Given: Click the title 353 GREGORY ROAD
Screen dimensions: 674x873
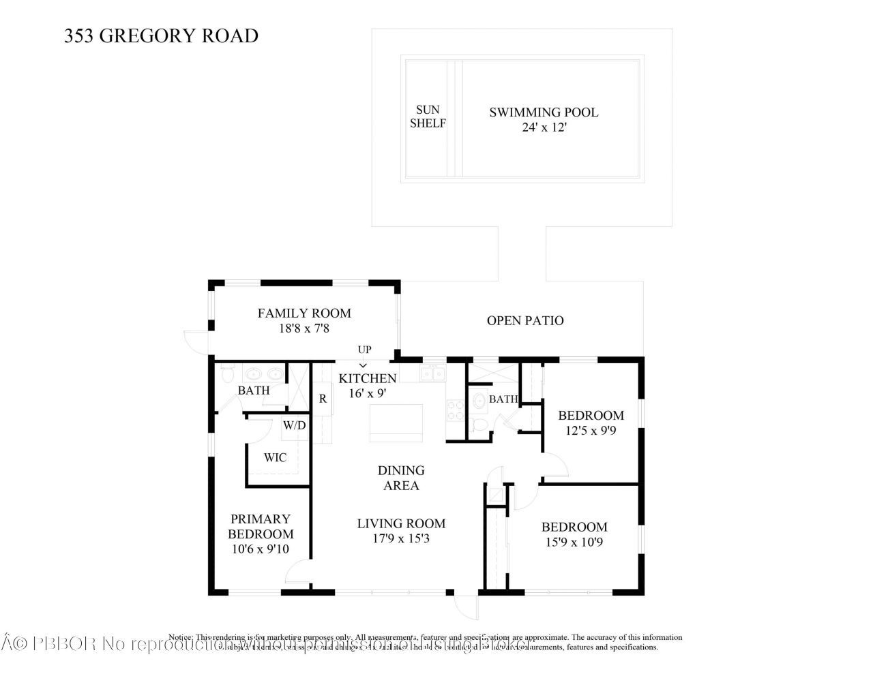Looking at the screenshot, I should [161, 35].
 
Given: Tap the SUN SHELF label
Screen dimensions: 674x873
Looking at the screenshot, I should [428, 117].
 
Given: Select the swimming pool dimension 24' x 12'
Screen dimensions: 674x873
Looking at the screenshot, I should [544, 127].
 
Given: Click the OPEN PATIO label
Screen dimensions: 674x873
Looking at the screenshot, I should [525, 320].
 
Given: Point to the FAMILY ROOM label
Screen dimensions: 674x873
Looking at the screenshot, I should [304, 313].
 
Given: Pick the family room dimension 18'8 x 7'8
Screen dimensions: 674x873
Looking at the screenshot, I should [304, 328].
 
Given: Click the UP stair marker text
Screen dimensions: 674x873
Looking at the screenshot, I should [365, 350].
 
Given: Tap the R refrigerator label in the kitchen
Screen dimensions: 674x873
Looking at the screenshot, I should [323, 399].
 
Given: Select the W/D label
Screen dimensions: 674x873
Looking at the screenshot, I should [295, 426].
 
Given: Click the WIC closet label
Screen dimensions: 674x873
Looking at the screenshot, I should [276, 458].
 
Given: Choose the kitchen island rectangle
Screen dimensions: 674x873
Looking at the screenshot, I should [396, 423].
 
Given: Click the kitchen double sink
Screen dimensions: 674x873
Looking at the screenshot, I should [432, 373].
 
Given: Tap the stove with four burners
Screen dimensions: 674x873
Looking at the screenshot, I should [455, 410].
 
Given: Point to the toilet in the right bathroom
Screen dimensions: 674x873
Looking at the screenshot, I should [480, 425].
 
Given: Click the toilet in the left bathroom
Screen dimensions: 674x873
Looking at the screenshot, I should [228, 376].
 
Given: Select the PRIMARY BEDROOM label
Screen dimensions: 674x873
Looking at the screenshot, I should [261, 526].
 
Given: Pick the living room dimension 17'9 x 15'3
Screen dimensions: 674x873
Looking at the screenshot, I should [401, 538].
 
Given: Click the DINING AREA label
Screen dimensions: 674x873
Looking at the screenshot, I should [401, 478].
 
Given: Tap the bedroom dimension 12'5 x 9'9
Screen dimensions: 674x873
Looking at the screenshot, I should [591, 431].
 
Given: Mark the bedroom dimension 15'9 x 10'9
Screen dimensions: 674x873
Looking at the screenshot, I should [574, 542].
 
